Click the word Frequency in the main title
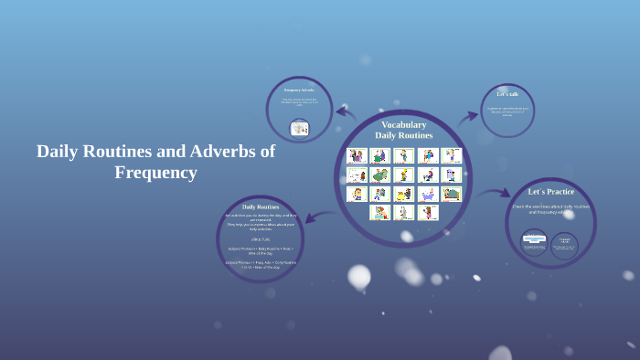coord(155,172)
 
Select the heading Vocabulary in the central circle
coord(403,124)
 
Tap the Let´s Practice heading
coord(551,192)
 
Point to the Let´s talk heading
coord(507,94)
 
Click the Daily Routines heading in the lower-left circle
coord(261,207)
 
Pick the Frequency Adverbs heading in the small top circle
coord(299,90)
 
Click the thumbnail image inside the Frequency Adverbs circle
coord(299,129)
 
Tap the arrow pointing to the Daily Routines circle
coord(312,217)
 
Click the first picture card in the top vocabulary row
coord(357,156)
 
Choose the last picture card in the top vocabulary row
coord(452,156)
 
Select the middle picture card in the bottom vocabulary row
coord(404,212)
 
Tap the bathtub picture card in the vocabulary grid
coord(428,194)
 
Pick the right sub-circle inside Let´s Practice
coord(565,244)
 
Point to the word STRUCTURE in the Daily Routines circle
coord(261,238)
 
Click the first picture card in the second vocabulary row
coord(357,175)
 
